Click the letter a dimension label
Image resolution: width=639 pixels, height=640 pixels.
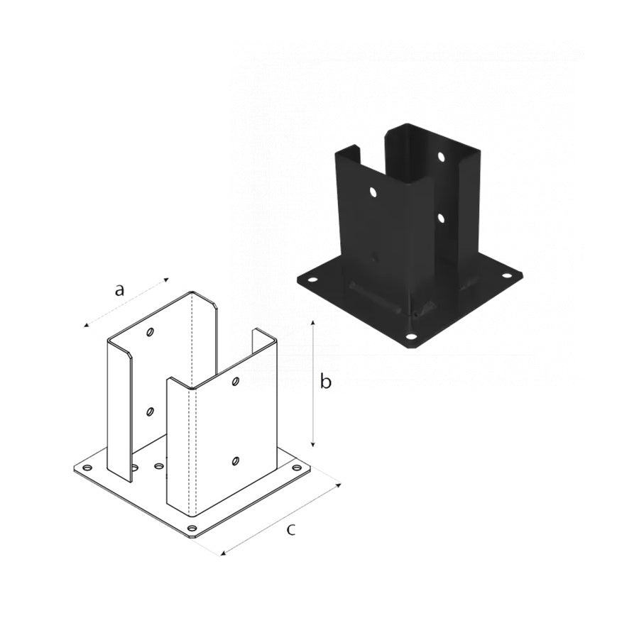tap(119, 290)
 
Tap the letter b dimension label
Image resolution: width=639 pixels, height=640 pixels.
tap(325, 381)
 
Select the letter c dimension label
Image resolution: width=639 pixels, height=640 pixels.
tap(290, 530)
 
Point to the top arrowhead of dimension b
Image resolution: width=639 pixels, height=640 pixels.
tap(313, 324)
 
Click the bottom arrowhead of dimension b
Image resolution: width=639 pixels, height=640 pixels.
tap(313, 443)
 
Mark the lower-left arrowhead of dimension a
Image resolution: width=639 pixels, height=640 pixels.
tap(86, 325)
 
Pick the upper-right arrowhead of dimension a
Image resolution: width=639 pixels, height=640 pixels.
tap(166, 280)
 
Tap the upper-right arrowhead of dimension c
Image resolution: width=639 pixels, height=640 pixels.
tap(339, 485)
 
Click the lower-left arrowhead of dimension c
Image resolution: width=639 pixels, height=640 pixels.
tap(224, 553)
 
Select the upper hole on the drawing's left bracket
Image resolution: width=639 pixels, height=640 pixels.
tap(151, 332)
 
